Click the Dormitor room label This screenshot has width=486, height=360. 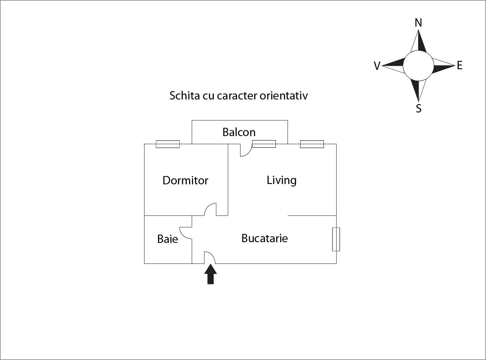pos(185,180)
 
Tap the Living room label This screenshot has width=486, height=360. pos(281,180)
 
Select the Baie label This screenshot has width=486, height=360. pos(167,239)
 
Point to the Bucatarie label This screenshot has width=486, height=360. pos(264,238)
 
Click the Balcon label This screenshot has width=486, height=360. pos(239,132)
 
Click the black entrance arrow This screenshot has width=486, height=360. pos(210,274)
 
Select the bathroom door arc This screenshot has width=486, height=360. pos(185,233)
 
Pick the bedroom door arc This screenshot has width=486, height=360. pos(210,209)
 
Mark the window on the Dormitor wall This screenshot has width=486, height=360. pos(168,144)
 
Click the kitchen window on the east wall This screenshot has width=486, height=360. pos(336,239)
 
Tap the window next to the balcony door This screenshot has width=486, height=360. pos(264,144)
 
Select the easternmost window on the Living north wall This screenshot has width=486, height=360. pos(312,144)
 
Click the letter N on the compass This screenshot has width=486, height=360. pos(418,23)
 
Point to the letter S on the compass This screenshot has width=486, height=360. pos(419,108)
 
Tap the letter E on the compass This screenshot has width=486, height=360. pos(460,65)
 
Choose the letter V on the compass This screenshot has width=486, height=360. pos(377,66)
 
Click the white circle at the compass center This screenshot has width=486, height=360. pos(418,66)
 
